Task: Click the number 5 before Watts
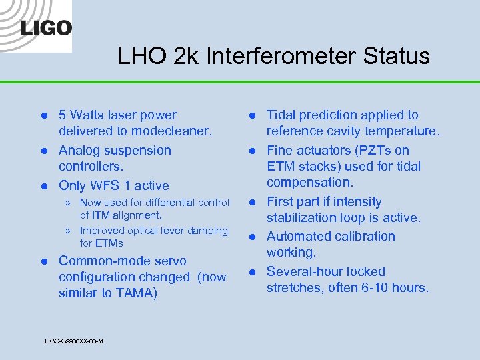pyautogui.click(x=63, y=115)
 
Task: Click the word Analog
pyautogui.click(x=81, y=151)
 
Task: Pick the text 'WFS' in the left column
pyautogui.click(x=111, y=185)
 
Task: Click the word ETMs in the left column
pyautogui.click(x=111, y=243)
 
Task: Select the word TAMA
pyautogui.click(x=136, y=293)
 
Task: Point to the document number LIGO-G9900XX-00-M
pyautogui.click(x=73, y=341)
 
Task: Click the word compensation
pyautogui.click(x=309, y=182)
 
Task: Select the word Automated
pyautogui.click(x=298, y=237)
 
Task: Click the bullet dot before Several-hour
pyautogui.click(x=254, y=272)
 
